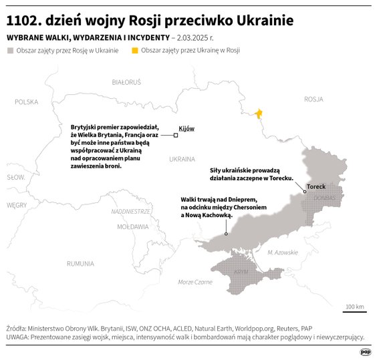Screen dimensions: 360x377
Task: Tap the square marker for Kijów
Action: (x=176, y=136)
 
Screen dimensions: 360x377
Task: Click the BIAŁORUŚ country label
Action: (x=126, y=82)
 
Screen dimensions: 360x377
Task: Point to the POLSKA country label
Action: (x=27, y=102)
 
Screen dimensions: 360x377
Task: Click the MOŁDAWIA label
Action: (x=132, y=226)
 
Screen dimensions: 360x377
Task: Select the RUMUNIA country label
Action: (x=80, y=263)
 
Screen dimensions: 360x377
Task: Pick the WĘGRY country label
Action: (x=16, y=205)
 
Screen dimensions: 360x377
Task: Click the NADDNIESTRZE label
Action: (x=130, y=211)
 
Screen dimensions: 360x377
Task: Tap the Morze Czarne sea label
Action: (x=195, y=282)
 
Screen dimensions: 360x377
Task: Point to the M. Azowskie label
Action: (x=282, y=252)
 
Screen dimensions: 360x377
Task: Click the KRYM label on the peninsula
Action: (x=241, y=272)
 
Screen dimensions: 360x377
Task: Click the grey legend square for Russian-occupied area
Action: (x=9, y=50)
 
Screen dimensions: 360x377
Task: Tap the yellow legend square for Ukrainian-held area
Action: (x=135, y=50)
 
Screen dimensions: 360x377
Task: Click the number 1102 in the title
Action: (x=23, y=21)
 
